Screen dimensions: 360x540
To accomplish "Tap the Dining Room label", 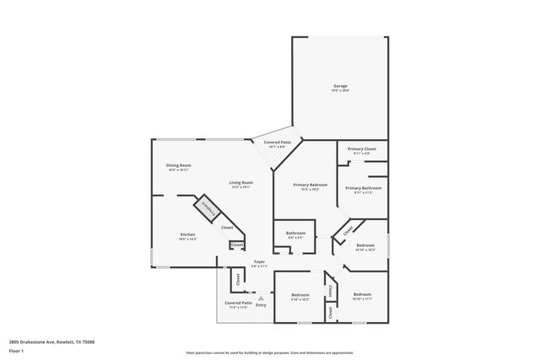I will [x=178, y=167].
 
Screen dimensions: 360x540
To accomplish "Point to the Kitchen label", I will [x=187, y=236].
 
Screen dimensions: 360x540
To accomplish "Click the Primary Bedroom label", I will [x=310, y=186].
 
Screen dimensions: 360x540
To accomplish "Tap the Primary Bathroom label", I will [x=363, y=190].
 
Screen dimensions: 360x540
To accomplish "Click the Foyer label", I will [x=259, y=263].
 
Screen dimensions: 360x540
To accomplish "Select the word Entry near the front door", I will [x=261, y=304].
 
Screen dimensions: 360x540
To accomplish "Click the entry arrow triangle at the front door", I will [x=261, y=297].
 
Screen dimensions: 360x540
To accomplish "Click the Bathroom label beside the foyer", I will [x=295, y=234].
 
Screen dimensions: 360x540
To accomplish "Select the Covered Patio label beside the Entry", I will [x=238, y=304].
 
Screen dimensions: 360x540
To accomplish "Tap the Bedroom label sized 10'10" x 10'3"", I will [x=364, y=246].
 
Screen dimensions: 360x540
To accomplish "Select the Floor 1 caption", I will [x=16, y=350].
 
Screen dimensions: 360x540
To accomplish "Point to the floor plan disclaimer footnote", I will [x=270, y=353].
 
